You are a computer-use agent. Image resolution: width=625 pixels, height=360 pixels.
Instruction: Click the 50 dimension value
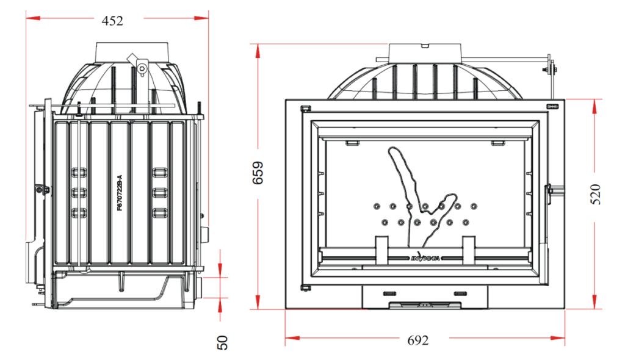tap(223, 342)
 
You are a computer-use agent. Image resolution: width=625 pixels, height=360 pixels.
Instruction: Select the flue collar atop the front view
tap(425, 52)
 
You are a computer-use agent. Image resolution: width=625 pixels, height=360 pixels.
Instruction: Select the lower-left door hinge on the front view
tap(306, 286)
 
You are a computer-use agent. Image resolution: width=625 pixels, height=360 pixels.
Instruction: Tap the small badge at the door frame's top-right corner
tap(551, 106)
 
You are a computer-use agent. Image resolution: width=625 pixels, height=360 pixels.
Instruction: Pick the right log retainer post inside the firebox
tap(468, 251)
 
